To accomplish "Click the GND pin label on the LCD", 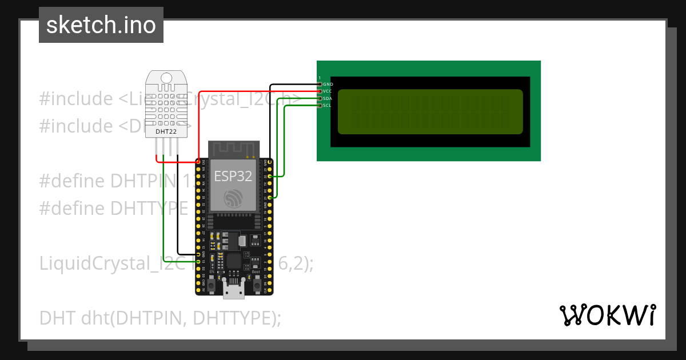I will pyautogui.click(x=328, y=85).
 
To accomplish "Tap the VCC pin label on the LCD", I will pyautogui.click(x=327, y=91).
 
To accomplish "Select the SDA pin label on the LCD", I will pyautogui.click(x=327, y=98).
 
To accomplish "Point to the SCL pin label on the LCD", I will pyautogui.click(x=327, y=105).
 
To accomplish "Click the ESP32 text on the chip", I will pyautogui.click(x=233, y=176).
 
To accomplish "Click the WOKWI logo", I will pyautogui.click(x=607, y=315).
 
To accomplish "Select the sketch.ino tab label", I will pyautogui.click(x=101, y=25).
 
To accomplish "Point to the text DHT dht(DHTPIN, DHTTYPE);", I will pyautogui.click(x=160, y=318).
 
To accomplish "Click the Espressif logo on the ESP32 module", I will pyautogui.click(x=233, y=198).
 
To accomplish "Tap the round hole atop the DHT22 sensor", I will pyautogui.click(x=166, y=77).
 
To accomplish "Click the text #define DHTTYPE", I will pyautogui.click(x=113, y=209).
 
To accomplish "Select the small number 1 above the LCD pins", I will pyautogui.click(x=320, y=78).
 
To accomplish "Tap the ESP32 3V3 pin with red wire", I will pyautogui.click(x=198, y=162).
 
